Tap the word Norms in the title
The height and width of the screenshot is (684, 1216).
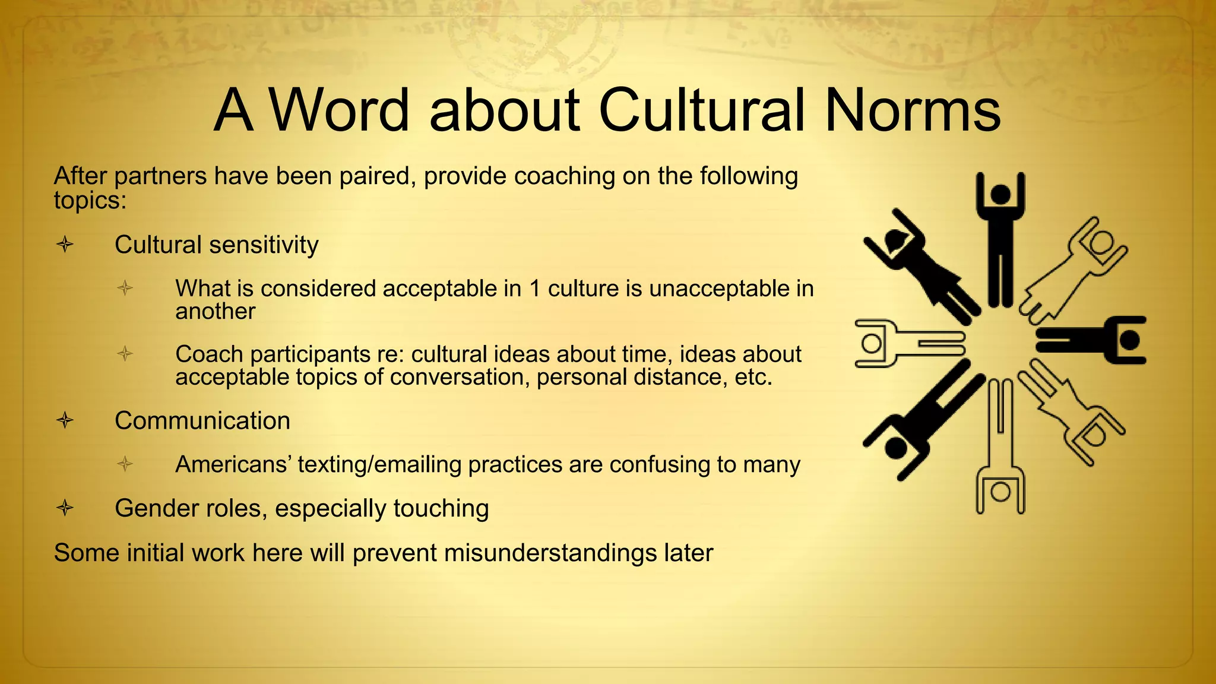(913, 110)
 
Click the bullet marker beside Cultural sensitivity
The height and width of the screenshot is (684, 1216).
(65, 244)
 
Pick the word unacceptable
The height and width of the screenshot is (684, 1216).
(717, 289)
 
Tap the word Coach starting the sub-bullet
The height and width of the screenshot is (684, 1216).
(209, 354)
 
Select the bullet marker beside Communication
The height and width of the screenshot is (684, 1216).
(65, 420)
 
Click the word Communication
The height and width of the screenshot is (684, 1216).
(202, 421)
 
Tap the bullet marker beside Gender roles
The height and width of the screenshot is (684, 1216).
(65, 508)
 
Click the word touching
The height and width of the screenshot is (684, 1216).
(441, 509)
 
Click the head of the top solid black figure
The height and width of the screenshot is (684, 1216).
(1001, 194)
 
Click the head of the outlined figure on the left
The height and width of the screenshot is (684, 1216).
(872, 343)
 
